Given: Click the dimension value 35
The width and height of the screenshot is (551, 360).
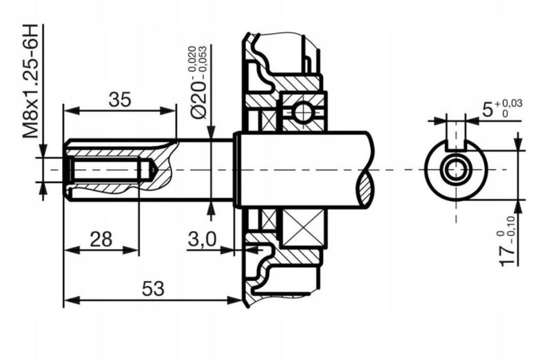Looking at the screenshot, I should [x=120, y=99].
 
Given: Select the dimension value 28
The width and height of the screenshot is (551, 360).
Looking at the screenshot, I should [x=101, y=240].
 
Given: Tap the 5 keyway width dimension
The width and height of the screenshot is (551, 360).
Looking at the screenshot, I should [x=488, y=109].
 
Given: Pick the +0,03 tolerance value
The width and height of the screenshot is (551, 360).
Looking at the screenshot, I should [x=511, y=103].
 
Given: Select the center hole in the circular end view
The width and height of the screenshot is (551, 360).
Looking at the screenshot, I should [x=455, y=170].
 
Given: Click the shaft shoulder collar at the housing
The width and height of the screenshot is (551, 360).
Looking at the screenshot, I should [x=237, y=169].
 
